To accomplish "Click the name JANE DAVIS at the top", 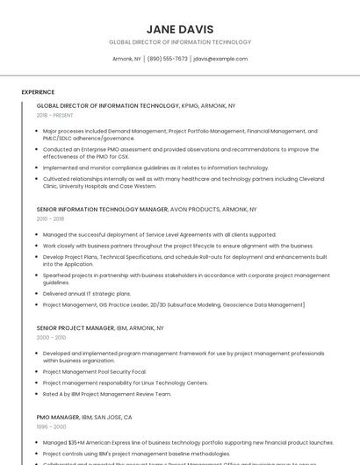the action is click(180, 29).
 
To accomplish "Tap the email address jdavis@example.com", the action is click(220, 59).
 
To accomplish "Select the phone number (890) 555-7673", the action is click(167, 59).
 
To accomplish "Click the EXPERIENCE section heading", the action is click(38, 92).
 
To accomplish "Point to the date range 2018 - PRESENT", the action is click(55, 115).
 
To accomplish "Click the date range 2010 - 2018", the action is click(50, 219).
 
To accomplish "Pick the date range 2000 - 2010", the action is click(51, 337).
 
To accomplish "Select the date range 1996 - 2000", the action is click(51, 426).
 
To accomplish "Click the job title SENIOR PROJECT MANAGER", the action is click(76, 328).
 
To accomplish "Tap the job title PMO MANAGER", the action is click(57, 418).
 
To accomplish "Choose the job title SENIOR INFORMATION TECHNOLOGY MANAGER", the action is click(102, 211).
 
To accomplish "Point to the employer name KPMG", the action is click(191, 105).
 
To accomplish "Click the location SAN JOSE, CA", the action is click(115, 418).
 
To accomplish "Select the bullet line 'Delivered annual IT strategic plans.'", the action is click(87, 294).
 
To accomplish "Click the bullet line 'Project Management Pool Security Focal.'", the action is click(94, 372).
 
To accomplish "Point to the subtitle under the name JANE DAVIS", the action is click(180, 42).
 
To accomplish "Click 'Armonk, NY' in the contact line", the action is click(126, 59).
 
